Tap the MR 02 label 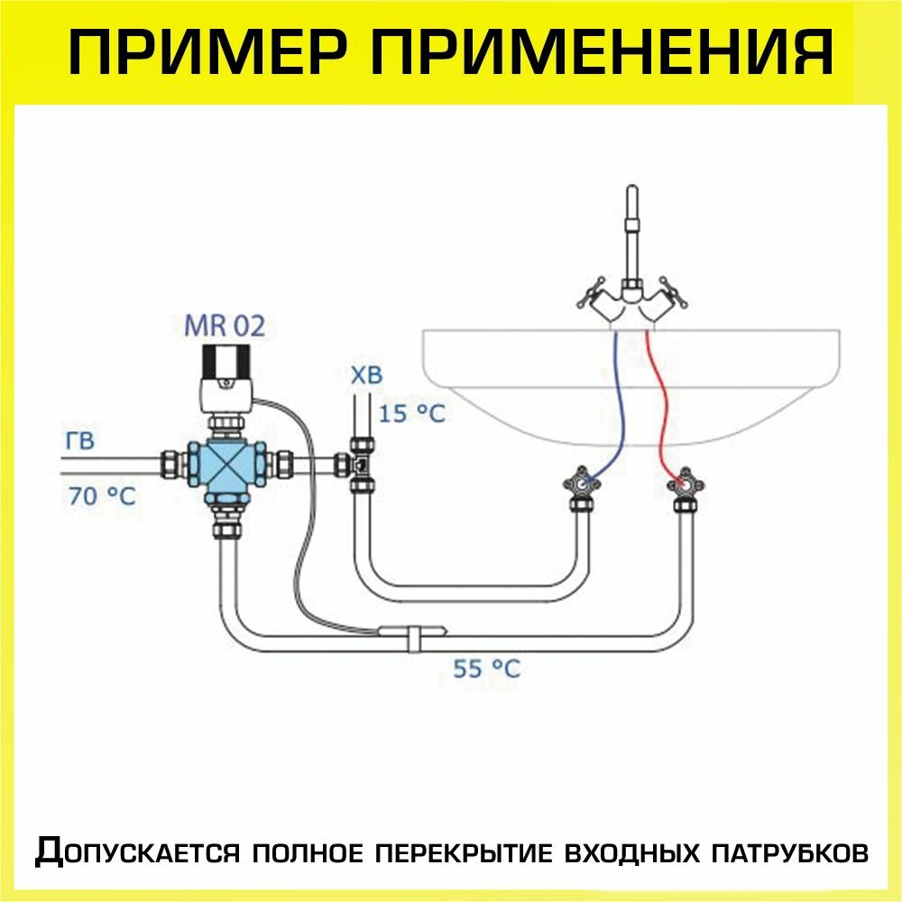pos(225,326)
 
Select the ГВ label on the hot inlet pos(79,442)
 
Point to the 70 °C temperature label pos(102,495)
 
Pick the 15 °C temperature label pos(412,414)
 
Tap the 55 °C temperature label pos(487,669)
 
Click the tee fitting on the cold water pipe pos(362,465)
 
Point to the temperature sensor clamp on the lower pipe pos(413,633)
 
